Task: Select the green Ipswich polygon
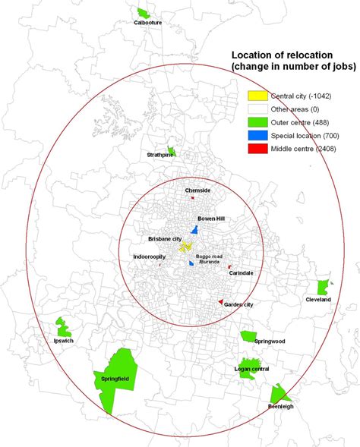point(63,327)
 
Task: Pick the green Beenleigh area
point(279,394)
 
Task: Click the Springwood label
point(270,342)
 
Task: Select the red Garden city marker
point(220,302)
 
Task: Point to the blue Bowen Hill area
point(194,228)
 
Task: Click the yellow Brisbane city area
point(185,247)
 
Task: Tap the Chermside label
point(197,190)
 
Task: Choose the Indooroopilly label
point(150,257)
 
